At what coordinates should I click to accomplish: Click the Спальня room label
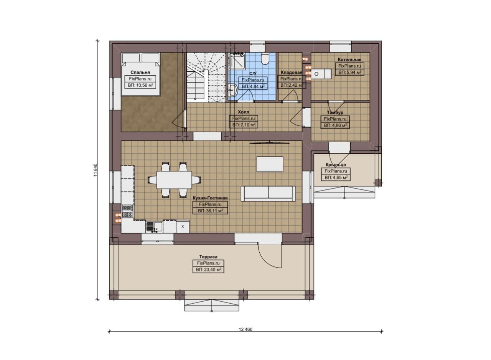pyautogui.click(x=140, y=72)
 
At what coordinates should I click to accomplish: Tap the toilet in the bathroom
pyautogui.click(x=265, y=59)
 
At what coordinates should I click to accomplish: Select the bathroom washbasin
pyautogui.click(x=232, y=90)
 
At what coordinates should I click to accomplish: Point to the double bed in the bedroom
pyautogui.click(x=140, y=74)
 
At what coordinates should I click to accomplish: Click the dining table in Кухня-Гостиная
pyautogui.click(x=174, y=180)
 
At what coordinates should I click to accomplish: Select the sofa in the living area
pyautogui.click(x=268, y=194)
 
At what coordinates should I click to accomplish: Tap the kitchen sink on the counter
pyautogui.click(x=154, y=227)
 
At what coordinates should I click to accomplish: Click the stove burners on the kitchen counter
pyautogui.click(x=127, y=211)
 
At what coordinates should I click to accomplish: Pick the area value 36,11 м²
pyautogui.click(x=210, y=211)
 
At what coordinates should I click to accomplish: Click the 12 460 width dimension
pyautogui.click(x=245, y=329)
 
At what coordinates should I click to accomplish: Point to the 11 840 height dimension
pyautogui.click(x=95, y=170)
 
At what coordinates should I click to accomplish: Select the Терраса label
pyautogui.click(x=208, y=256)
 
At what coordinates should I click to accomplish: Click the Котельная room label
pyautogui.click(x=349, y=59)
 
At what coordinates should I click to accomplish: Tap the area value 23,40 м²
pyautogui.click(x=208, y=270)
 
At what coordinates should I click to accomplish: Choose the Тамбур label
pyautogui.click(x=335, y=112)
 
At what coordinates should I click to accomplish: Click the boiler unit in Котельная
pyautogui.click(x=322, y=74)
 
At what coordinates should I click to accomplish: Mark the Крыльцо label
pyautogui.click(x=336, y=165)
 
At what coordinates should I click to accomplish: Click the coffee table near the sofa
pyautogui.click(x=270, y=164)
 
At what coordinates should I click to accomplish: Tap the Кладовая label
pyautogui.click(x=292, y=72)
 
